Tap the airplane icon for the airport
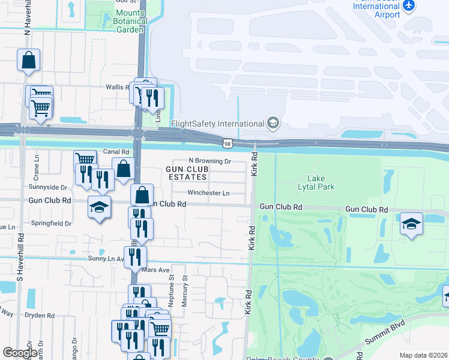[x=409, y=5]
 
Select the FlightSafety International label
[x=218, y=124]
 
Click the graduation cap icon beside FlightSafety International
[x=273, y=123]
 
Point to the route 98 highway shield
[x=226, y=143]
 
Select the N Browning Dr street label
[x=209, y=161]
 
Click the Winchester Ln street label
[x=208, y=193]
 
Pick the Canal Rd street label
[x=116, y=152]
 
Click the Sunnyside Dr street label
[x=47, y=187]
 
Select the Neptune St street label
[x=170, y=289]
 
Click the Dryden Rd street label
[x=40, y=315]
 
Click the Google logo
[x=20, y=353]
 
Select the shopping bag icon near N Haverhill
[x=28, y=60]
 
